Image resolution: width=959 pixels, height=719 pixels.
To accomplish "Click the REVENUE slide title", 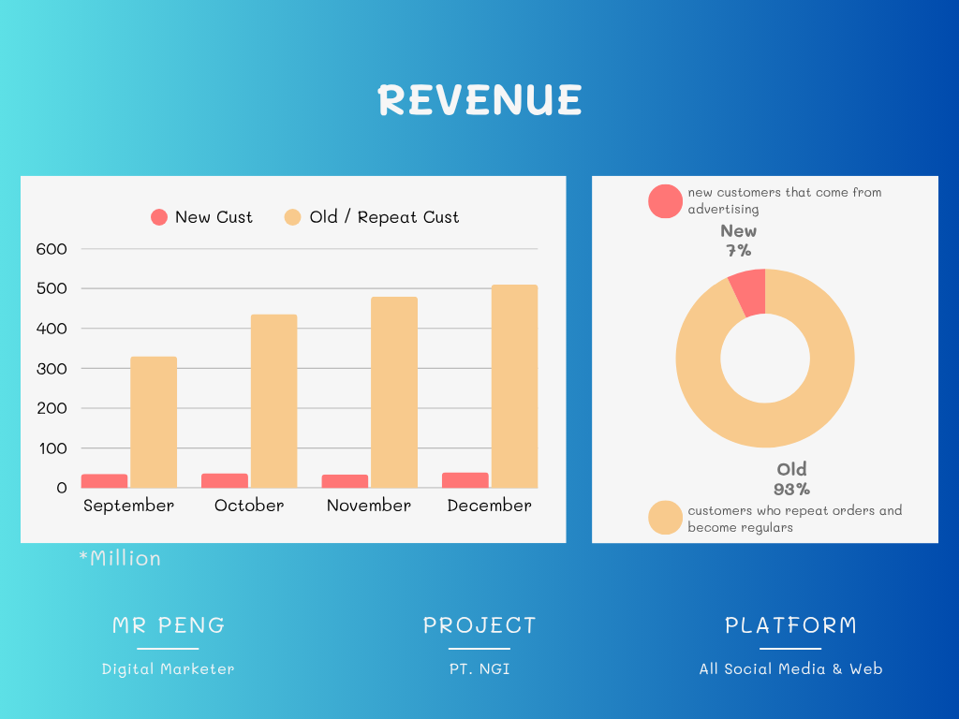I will (x=479, y=100).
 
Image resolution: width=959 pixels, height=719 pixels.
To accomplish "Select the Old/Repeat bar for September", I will (x=154, y=421).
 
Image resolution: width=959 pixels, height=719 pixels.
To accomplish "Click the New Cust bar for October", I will (x=225, y=480).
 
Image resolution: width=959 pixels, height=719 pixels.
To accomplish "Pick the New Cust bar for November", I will (x=345, y=481).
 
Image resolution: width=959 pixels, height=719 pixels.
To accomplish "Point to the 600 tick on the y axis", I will (x=52, y=249).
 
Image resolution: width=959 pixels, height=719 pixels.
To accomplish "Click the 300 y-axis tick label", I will (x=52, y=369).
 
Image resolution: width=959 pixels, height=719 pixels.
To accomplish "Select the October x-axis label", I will (x=249, y=506).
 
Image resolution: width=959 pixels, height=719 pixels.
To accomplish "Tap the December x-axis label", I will (x=489, y=506).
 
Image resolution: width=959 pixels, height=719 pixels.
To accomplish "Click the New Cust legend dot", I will (x=159, y=217).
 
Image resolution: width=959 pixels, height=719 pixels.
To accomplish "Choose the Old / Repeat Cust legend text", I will (x=384, y=217).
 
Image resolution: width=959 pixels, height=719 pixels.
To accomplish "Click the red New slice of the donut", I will (x=749, y=292).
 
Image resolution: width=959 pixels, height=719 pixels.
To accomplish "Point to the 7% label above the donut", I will (x=738, y=251).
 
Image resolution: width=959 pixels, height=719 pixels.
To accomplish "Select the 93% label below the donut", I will (x=791, y=489).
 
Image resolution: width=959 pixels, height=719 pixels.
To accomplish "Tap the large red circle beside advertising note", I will (x=666, y=201).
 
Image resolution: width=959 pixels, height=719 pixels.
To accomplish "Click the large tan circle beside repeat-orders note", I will (x=666, y=519).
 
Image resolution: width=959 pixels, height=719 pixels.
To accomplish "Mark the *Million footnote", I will (x=120, y=559).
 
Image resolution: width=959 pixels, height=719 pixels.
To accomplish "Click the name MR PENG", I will (x=169, y=625).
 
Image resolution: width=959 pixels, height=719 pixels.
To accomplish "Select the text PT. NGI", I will (x=479, y=668).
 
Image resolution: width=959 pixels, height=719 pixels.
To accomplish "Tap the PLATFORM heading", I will (x=790, y=625).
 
